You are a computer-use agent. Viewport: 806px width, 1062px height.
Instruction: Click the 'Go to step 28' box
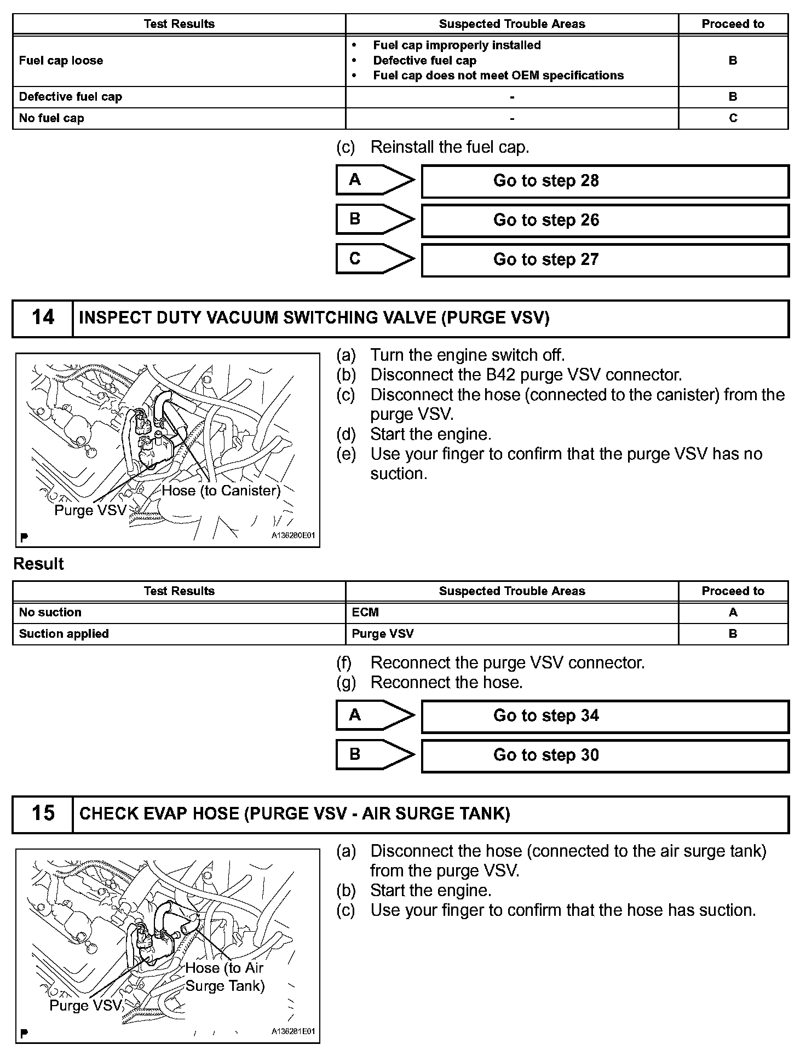pos(604,181)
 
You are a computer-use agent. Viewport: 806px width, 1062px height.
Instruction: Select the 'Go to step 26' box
pos(604,221)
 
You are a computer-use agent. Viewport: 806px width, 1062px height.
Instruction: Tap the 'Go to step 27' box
pos(604,260)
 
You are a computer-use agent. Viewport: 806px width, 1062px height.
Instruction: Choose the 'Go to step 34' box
pos(604,716)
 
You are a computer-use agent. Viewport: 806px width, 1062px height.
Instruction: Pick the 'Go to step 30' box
pos(604,755)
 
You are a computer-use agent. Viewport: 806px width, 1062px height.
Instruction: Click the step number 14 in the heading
pos(43,318)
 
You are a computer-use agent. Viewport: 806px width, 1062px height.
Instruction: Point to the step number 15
pos(43,813)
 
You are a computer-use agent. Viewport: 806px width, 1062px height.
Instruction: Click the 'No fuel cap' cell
pos(51,118)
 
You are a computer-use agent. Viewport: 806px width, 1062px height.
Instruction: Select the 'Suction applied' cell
pos(64,634)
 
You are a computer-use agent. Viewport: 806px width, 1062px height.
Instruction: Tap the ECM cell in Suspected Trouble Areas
pos(365,613)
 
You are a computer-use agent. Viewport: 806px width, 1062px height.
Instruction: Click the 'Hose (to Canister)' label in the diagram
pos(221,491)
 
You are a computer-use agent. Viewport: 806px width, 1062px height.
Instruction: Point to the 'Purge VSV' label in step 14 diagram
pos(90,511)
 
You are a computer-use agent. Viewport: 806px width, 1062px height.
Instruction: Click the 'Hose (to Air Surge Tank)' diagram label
pos(224,977)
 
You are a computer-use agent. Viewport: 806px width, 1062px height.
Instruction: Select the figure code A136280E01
pos(293,536)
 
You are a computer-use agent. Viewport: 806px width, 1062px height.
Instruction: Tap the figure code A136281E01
pos(293,1031)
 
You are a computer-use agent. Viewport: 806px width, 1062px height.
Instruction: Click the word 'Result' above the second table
pos(38,564)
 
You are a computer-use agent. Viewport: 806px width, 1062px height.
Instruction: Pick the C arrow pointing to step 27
pos(375,259)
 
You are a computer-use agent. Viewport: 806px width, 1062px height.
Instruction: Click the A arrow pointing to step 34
pos(375,715)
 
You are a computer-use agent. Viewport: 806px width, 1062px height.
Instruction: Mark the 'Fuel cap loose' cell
pos(61,61)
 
